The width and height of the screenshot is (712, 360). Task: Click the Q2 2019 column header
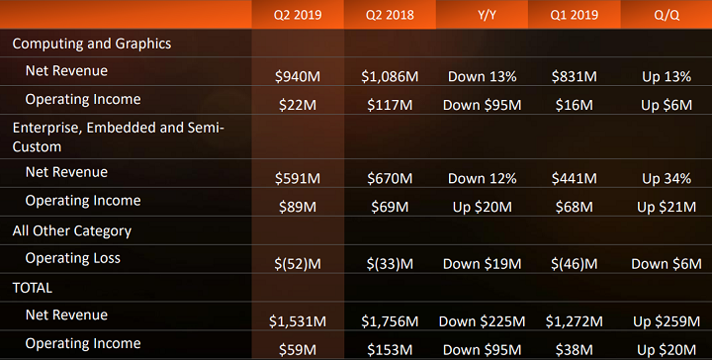point(298,15)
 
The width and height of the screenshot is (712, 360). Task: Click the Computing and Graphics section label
point(92,44)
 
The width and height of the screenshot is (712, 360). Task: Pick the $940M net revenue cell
point(299,76)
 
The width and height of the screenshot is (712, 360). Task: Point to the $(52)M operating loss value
point(299,264)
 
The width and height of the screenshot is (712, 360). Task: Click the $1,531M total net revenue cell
point(299,321)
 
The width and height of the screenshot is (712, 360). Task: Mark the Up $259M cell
point(666,321)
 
